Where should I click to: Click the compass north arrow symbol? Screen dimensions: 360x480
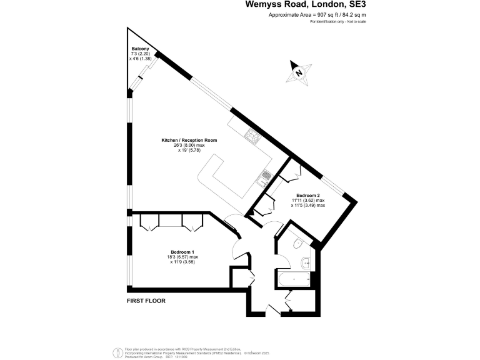tap(299, 72)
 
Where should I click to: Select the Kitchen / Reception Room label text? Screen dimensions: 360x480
tap(189, 140)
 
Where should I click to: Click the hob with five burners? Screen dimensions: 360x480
tap(253, 136)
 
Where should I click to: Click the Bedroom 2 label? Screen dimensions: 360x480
tap(307, 196)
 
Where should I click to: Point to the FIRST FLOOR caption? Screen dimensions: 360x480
tap(147, 301)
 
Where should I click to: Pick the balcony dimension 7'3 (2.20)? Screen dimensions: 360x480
tap(137, 54)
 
